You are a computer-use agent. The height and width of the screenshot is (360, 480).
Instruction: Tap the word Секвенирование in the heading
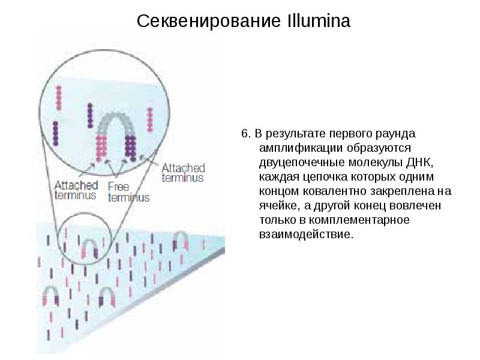click(x=207, y=22)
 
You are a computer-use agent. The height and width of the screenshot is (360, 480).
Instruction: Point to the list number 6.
click(x=244, y=133)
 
